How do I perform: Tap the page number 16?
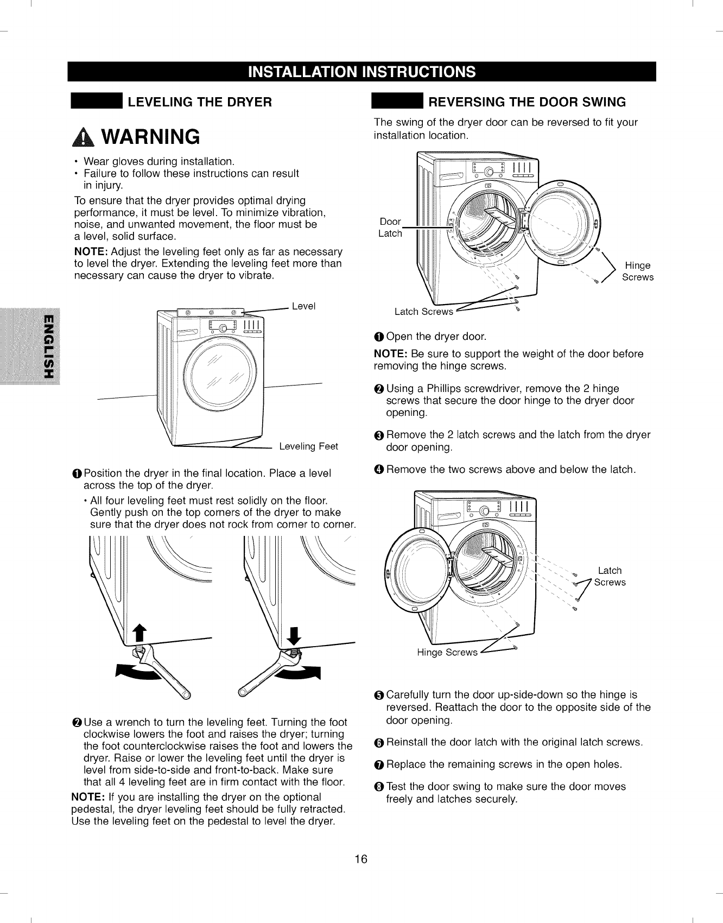click(361, 859)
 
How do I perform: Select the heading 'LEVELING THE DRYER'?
click(199, 102)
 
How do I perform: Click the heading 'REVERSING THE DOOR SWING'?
click(527, 102)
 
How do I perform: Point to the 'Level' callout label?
click(303, 306)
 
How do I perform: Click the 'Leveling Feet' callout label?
click(308, 446)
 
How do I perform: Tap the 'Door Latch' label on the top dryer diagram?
click(390, 227)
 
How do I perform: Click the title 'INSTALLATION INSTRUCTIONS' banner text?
click(361, 72)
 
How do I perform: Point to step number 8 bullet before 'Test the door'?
click(379, 787)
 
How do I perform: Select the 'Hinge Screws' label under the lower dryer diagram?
click(447, 653)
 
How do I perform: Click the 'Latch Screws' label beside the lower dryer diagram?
click(610, 577)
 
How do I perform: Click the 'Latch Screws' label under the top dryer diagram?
click(423, 312)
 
